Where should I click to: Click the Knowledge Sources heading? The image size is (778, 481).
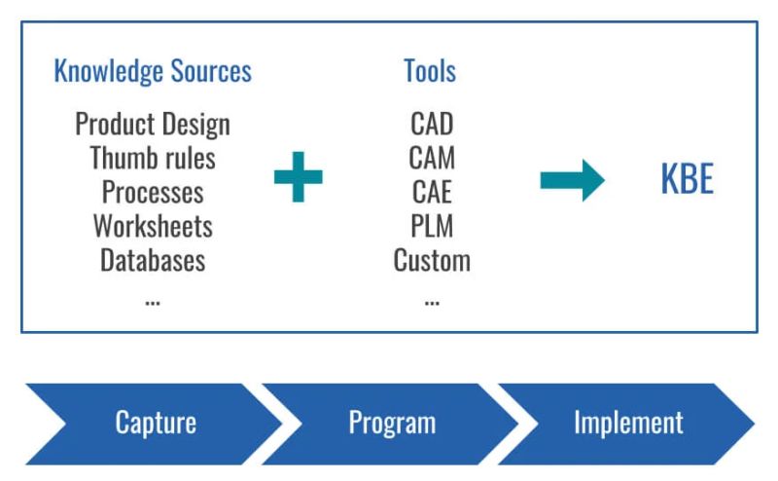tap(153, 71)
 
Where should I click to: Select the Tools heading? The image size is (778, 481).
tap(430, 71)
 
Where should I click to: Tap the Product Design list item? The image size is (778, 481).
tap(153, 125)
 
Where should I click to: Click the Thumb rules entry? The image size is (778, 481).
tap(153, 158)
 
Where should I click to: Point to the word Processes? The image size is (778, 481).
tap(153, 192)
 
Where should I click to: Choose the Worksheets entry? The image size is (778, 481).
tap(153, 226)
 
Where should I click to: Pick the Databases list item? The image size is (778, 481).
tap(153, 260)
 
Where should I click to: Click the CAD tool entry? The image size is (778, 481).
tap(432, 125)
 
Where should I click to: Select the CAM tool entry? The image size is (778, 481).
tap(432, 158)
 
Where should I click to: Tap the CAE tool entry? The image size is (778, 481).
tap(432, 192)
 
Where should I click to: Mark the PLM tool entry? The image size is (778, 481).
tap(432, 226)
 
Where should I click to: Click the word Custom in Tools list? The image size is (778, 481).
tap(432, 260)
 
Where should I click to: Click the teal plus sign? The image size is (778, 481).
tap(298, 178)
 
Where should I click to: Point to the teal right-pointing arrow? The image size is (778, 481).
tap(572, 179)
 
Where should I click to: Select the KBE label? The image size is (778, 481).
tap(687, 179)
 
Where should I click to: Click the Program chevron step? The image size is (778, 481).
tap(392, 423)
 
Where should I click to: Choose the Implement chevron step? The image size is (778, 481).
tap(628, 423)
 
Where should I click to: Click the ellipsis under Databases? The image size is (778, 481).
tap(153, 301)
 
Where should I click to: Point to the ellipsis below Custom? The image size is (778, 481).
tap(432, 301)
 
